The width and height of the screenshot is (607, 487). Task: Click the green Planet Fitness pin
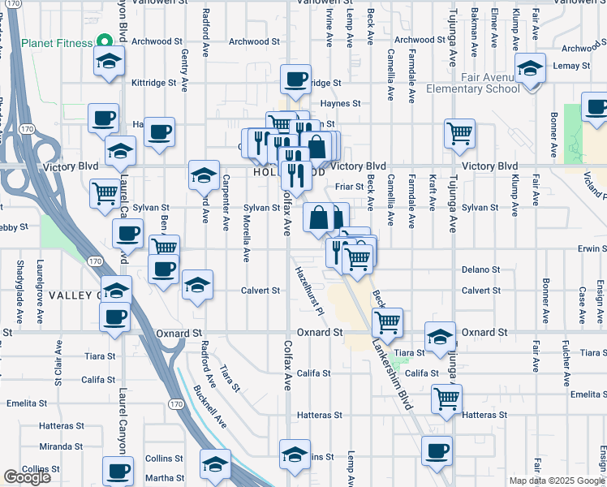(104, 42)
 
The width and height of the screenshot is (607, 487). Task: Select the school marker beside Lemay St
(530, 69)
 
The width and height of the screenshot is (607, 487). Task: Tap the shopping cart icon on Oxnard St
(388, 322)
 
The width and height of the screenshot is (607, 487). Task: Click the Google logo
(27, 477)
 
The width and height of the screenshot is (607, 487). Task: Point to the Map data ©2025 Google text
(557, 481)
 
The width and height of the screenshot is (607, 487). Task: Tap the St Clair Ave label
(58, 358)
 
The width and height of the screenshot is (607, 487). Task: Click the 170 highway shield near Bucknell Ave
(176, 403)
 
